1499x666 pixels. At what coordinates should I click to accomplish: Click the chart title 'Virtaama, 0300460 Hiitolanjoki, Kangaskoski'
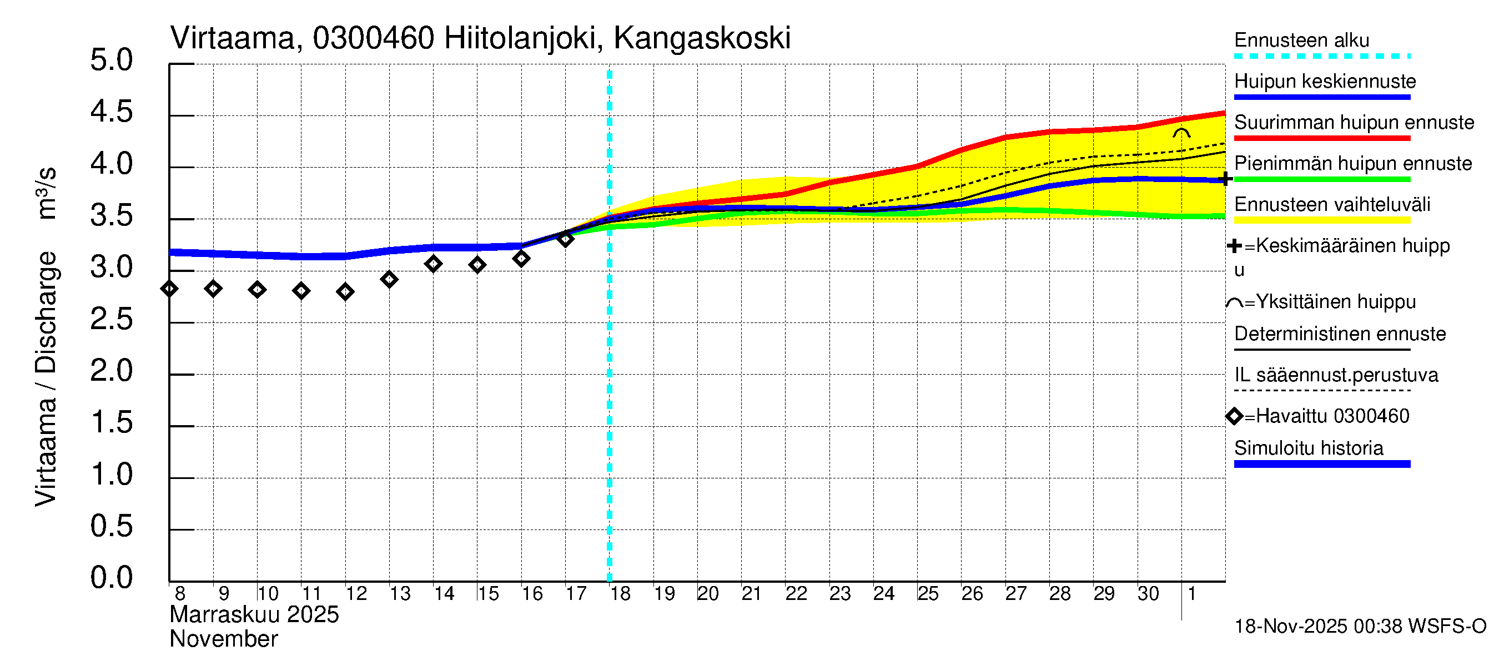tap(480, 38)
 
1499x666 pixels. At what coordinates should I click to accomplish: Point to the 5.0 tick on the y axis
tap(111, 60)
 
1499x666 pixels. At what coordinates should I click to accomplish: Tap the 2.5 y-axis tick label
tap(111, 319)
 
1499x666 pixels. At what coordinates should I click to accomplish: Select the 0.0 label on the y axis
tap(111, 578)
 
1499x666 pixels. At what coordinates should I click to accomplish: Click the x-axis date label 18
tap(620, 594)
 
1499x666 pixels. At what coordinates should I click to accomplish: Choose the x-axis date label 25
tap(928, 594)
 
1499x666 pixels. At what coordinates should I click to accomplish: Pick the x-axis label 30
tap(1148, 594)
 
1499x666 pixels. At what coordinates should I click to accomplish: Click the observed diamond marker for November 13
tap(389, 280)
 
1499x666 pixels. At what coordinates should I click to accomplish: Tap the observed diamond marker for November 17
tap(566, 239)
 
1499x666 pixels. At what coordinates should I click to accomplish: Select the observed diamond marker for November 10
tap(257, 290)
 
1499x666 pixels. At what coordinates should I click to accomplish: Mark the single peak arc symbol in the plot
tap(1181, 133)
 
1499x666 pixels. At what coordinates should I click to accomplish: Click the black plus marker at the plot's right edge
tap(1225, 179)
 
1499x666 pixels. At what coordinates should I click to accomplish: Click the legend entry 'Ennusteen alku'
tap(1301, 41)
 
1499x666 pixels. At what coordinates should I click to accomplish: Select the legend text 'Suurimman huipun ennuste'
tap(1354, 123)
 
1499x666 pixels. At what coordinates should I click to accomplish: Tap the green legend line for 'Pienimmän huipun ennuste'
tap(1321, 180)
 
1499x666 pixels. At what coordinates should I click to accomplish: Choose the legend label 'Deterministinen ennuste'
tap(1340, 335)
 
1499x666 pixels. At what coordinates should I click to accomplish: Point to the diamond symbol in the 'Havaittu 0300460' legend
tap(1234, 416)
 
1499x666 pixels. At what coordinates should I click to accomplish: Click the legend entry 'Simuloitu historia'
tap(1308, 448)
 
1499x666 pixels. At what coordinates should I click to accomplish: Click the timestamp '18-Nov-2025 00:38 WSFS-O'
tap(1360, 627)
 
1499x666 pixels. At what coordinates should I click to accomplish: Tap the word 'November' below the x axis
tap(223, 640)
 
